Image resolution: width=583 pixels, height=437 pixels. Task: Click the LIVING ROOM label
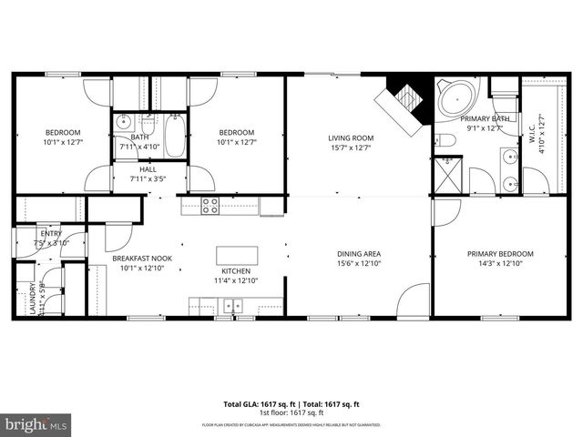click(352, 138)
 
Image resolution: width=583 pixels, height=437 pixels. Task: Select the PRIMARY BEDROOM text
click(500, 253)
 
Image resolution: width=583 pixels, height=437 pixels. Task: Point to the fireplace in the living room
click(404, 96)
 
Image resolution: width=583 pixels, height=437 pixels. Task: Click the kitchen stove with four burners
click(210, 206)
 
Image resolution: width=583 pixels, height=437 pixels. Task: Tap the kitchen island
click(236, 255)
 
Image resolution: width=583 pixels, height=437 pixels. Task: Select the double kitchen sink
click(234, 306)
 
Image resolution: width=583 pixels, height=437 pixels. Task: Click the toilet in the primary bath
click(444, 139)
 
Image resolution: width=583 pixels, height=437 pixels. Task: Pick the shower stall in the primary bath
click(446, 172)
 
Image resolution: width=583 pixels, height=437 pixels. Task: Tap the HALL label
click(148, 169)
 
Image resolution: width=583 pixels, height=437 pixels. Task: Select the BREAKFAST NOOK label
click(142, 259)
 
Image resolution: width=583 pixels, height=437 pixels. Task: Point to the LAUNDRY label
click(19, 299)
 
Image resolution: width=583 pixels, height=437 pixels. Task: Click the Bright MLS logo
click(36, 424)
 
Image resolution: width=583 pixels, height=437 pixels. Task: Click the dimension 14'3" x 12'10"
click(500, 263)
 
